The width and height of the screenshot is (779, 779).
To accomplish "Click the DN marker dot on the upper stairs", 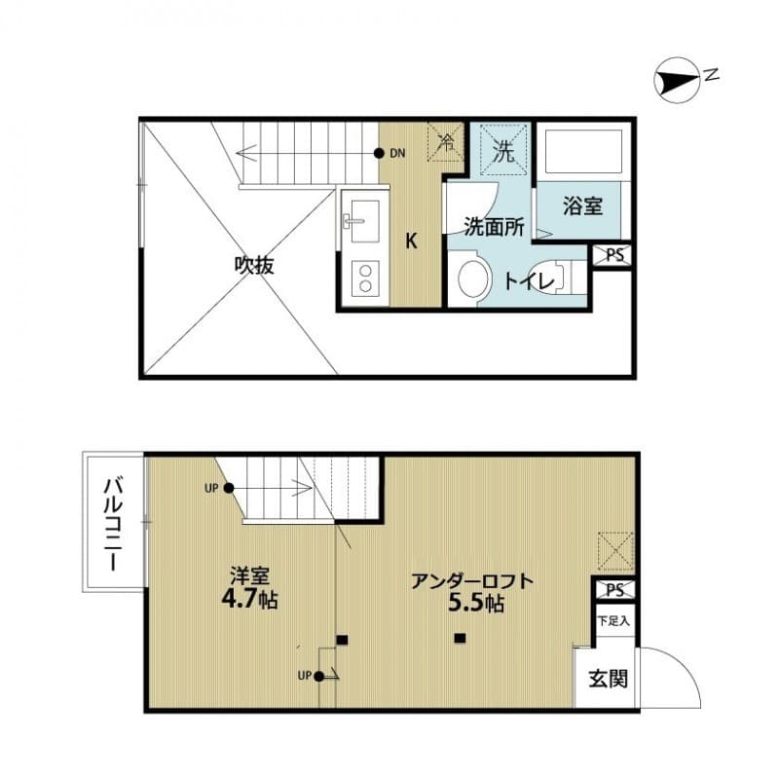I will [x=379, y=153].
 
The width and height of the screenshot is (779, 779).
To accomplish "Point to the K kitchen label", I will [x=412, y=241].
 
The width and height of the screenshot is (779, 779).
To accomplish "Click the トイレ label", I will [x=530, y=280].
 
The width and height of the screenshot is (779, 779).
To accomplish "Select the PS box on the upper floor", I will [x=614, y=256].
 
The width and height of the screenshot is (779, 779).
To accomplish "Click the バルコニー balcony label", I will [x=113, y=522].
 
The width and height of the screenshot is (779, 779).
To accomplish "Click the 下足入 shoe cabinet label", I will [x=613, y=620].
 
